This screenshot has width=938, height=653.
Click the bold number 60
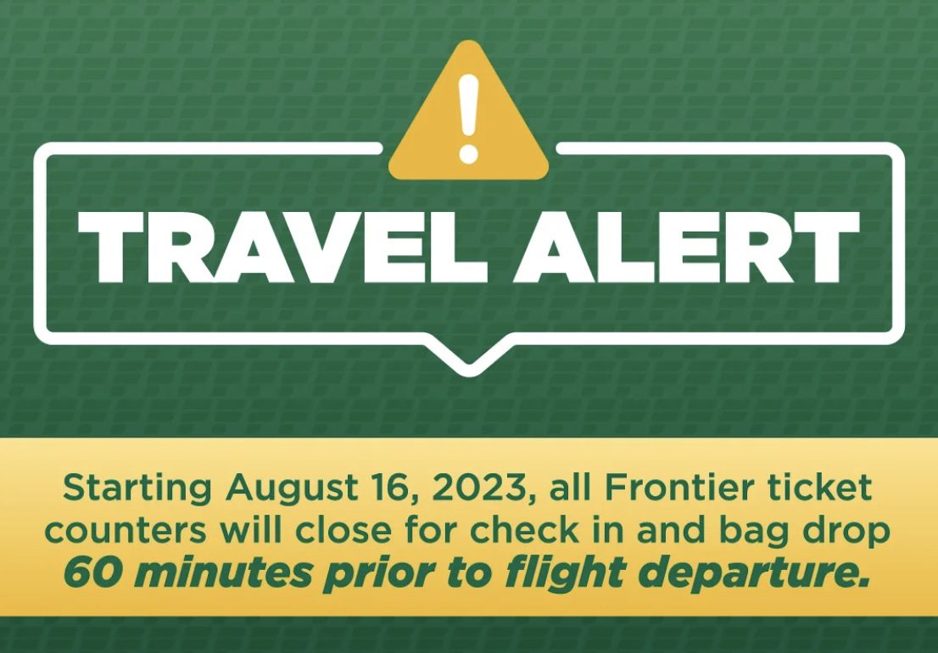(x=89, y=573)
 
